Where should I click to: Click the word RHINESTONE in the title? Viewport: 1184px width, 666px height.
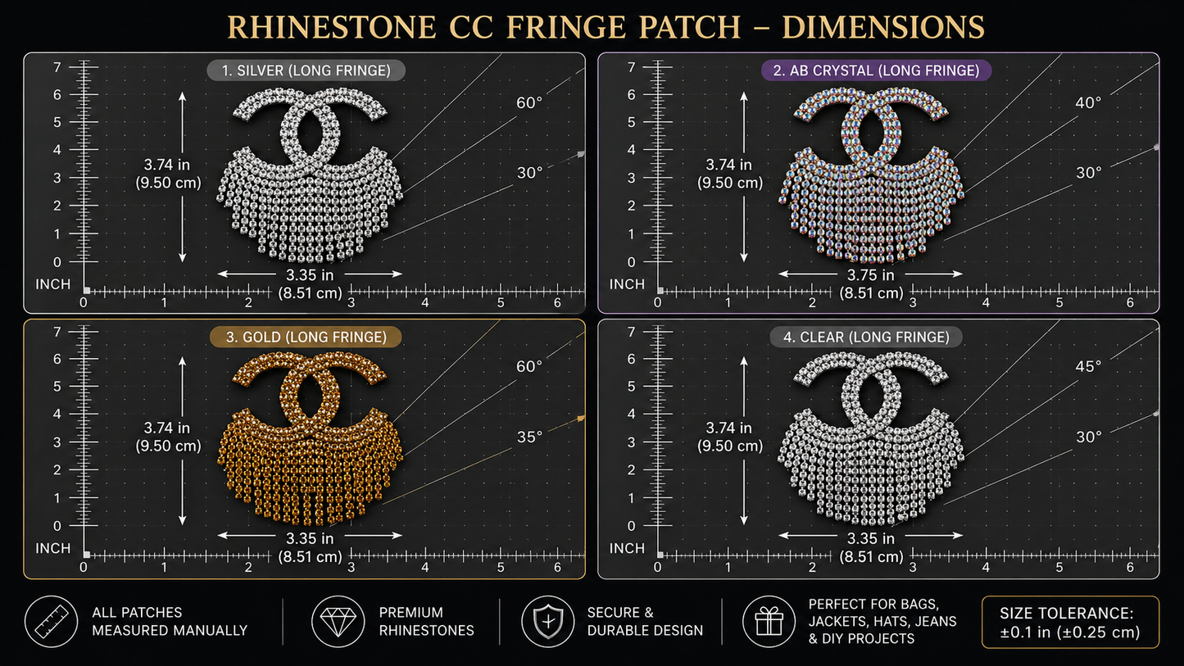(x=332, y=27)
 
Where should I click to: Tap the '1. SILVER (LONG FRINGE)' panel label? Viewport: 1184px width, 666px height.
(x=306, y=70)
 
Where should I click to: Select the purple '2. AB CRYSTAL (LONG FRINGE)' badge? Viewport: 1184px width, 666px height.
(x=877, y=70)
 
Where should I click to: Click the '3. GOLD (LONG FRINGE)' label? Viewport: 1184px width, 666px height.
(x=306, y=338)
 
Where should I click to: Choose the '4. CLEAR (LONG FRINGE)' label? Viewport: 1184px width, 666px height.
(x=866, y=338)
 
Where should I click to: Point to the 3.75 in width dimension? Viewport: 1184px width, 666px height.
(x=870, y=275)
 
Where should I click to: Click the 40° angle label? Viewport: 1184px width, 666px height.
(x=1088, y=102)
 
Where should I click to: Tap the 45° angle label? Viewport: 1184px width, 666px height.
(x=1088, y=366)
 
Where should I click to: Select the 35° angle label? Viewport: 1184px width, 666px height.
(x=529, y=437)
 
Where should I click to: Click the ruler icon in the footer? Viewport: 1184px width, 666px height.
(x=52, y=622)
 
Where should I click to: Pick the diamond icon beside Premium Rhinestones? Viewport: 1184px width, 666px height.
(x=338, y=622)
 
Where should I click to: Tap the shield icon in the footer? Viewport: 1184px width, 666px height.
(x=547, y=622)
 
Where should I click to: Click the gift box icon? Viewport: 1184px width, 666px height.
(x=769, y=622)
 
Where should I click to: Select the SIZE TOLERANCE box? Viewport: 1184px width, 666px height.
(x=1070, y=622)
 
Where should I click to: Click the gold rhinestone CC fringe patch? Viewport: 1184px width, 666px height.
(x=310, y=439)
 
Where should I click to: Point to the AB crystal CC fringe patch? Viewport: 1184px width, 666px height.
(x=871, y=175)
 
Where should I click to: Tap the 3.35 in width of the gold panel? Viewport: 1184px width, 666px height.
(x=310, y=538)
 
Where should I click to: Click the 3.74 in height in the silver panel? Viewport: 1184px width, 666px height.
(x=166, y=165)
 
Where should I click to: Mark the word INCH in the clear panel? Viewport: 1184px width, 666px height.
(x=627, y=549)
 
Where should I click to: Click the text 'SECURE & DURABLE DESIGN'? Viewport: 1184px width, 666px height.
(x=645, y=622)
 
